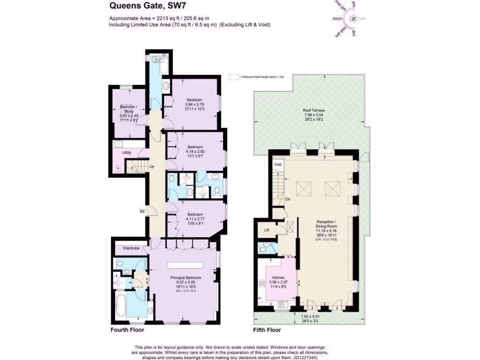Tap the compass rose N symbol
tap(354, 19)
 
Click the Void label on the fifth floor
tap(277, 165)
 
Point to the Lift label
tap(266, 230)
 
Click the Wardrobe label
tap(131, 247)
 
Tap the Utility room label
tap(127, 153)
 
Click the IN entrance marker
tap(142, 211)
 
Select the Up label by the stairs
tap(152, 166)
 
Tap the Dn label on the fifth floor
tap(288, 199)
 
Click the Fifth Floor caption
tap(267, 330)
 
